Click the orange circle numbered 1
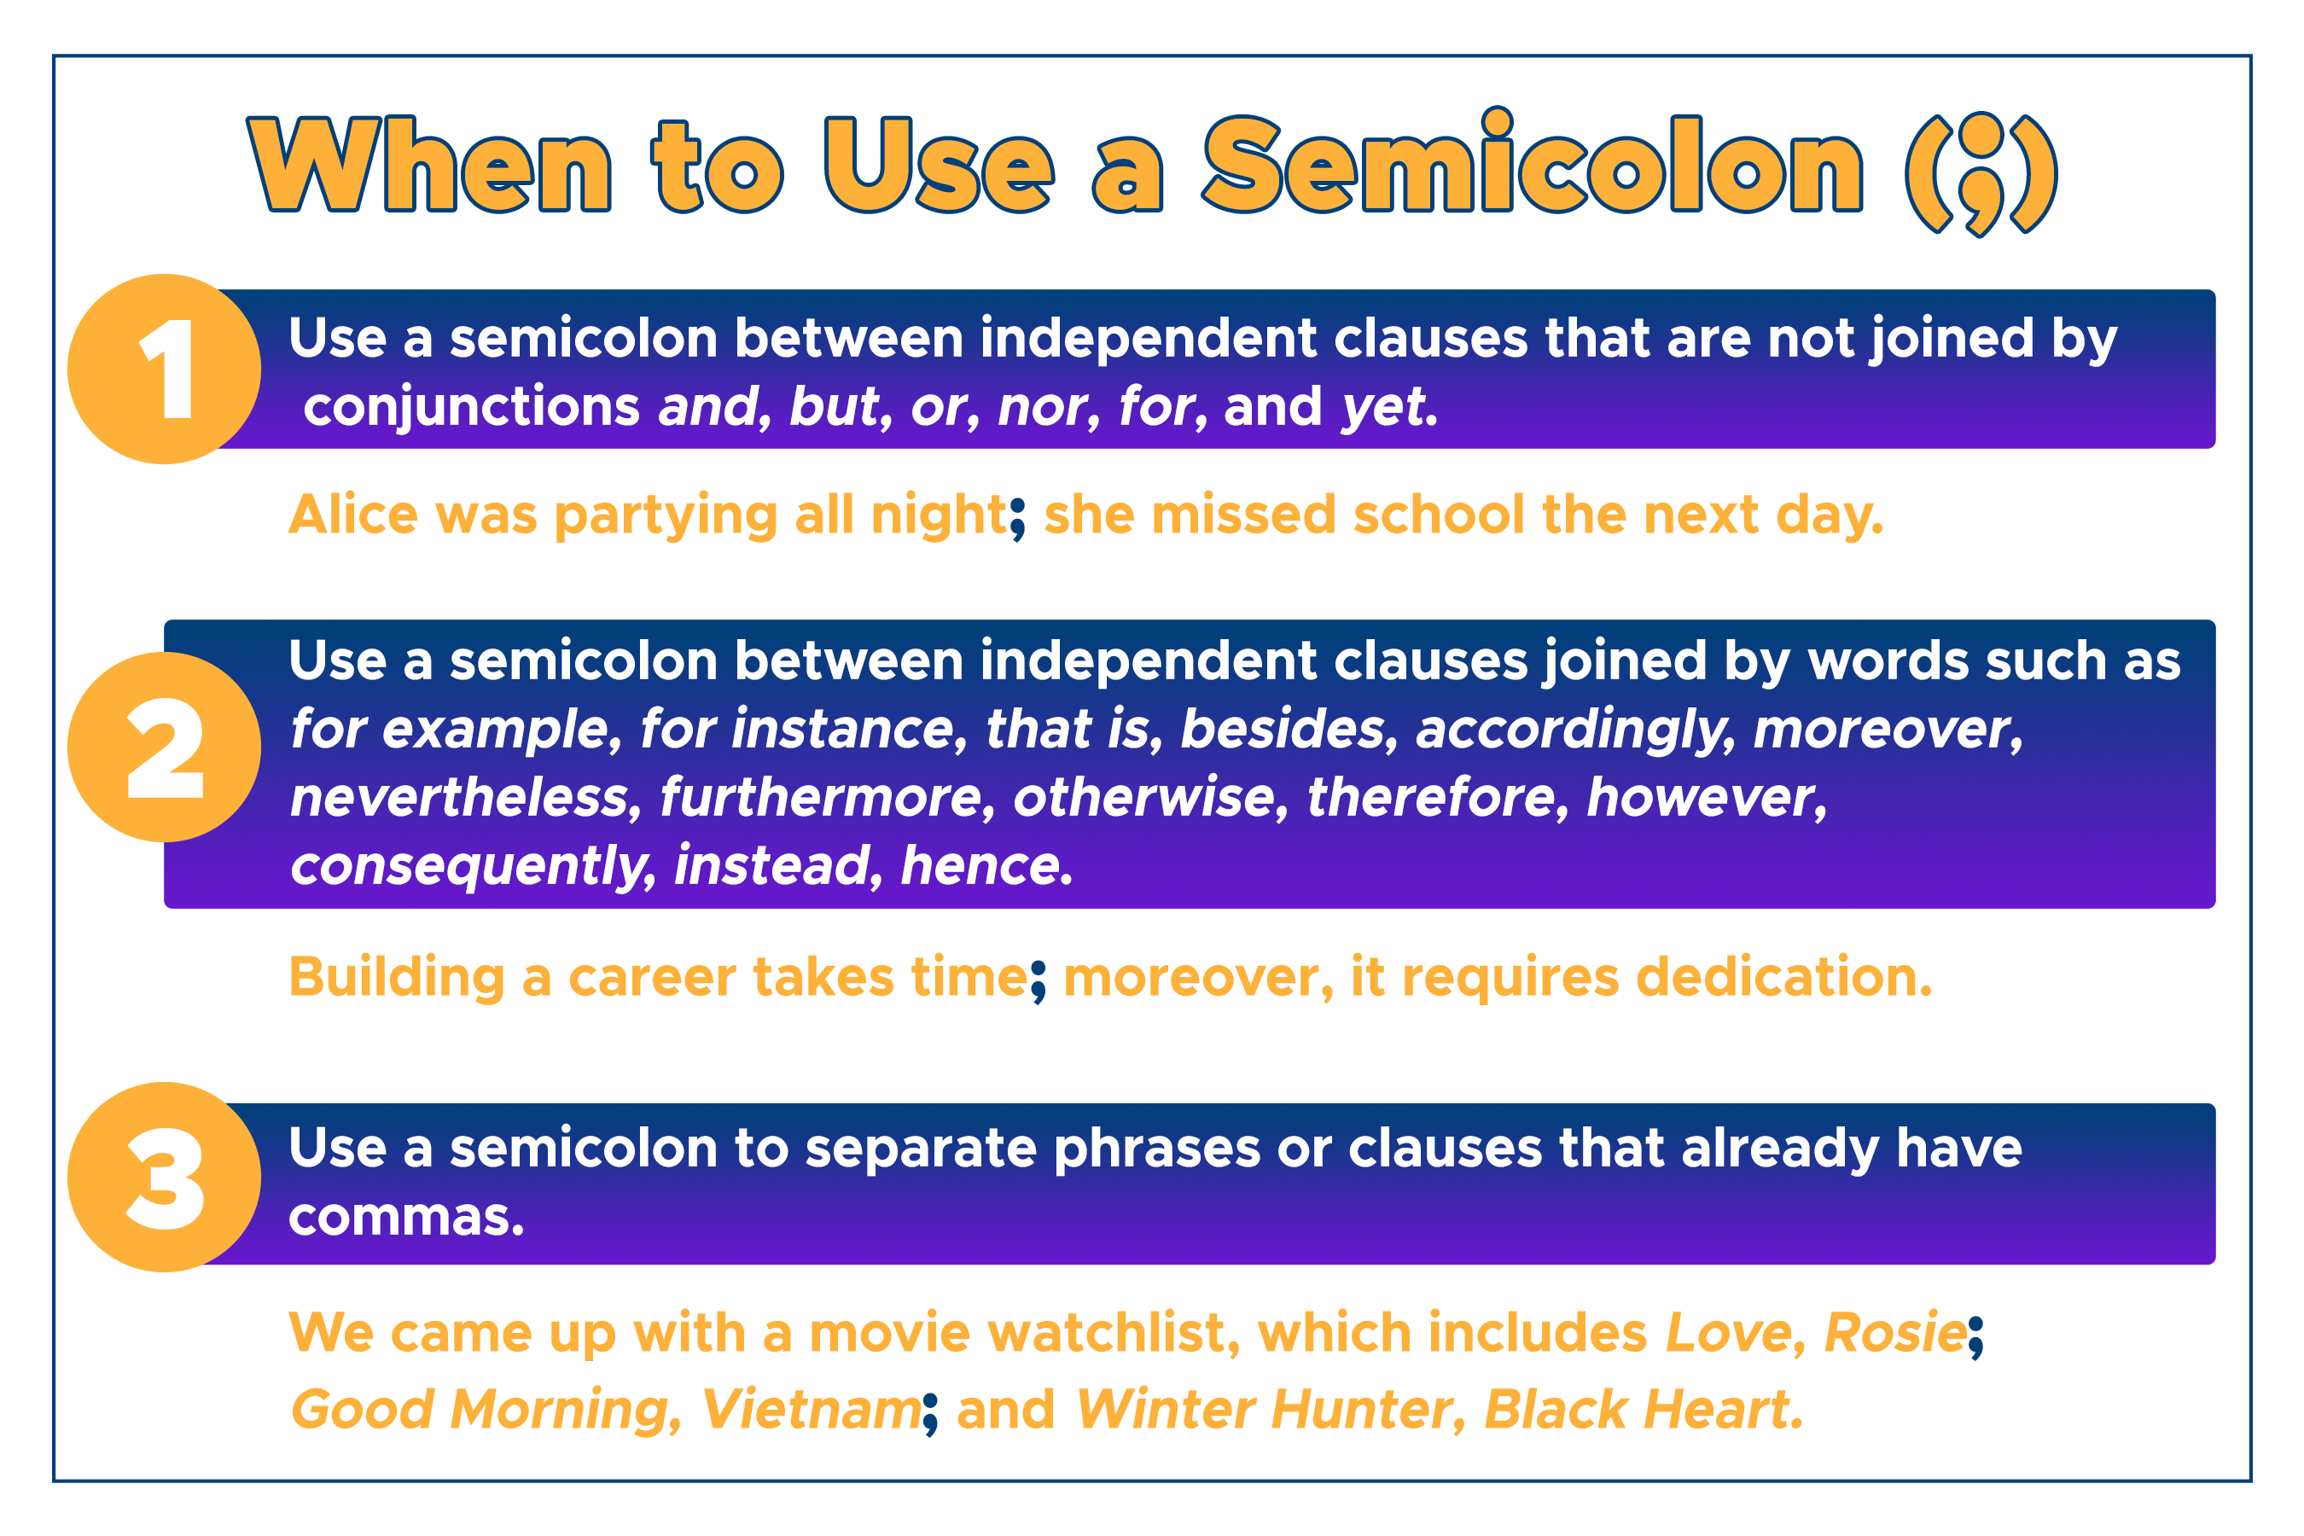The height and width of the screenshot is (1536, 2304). point(165,369)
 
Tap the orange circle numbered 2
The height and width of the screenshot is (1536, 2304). point(165,747)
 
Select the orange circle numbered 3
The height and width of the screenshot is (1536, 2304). point(165,1177)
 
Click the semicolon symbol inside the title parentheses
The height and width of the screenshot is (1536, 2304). point(1981,173)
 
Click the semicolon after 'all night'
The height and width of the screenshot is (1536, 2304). point(1019,518)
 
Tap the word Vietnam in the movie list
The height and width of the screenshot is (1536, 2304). point(810,1410)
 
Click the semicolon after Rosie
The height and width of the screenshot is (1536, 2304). point(1975,1337)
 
